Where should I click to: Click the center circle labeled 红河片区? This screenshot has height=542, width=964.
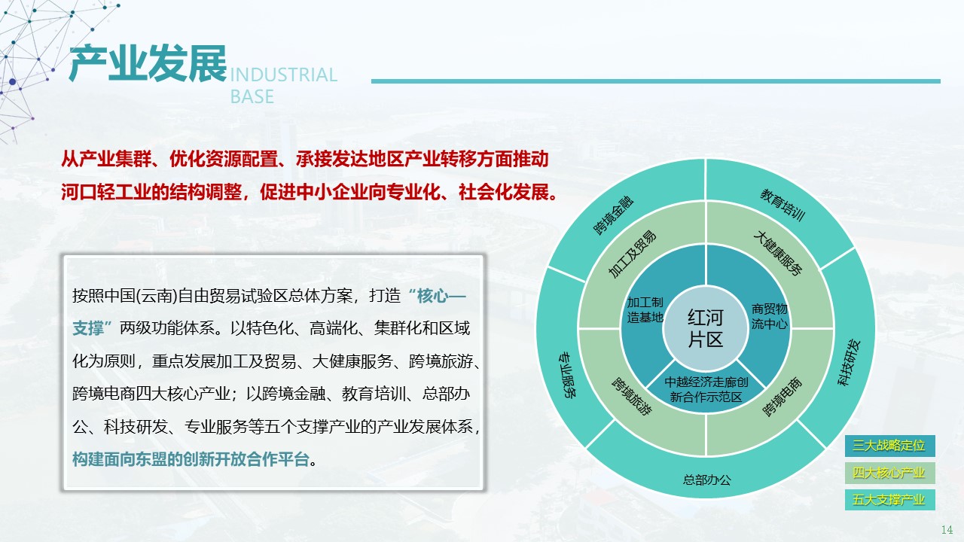coord(706,328)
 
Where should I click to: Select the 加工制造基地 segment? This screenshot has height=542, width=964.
coord(645,309)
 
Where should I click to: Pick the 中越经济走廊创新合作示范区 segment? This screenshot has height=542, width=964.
coord(706,390)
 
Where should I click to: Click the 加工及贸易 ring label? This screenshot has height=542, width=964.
coord(632,254)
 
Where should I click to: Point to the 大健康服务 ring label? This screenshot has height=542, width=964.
coord(778,253)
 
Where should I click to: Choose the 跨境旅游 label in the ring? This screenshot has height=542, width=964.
coord(632,396)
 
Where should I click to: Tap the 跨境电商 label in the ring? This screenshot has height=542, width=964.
coord(782,397)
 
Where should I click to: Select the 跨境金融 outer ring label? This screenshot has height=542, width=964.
coord(614,215)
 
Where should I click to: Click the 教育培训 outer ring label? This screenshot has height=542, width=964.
coord(782,205)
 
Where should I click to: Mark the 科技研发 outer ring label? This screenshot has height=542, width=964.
coord(849,363)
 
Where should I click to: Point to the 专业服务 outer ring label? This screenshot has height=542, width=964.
coord(568,375)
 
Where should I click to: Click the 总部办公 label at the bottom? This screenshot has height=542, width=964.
coord(706,480)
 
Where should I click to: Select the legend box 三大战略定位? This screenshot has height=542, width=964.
coord(889,446)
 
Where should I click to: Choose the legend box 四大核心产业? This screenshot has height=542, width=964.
coord(889,473)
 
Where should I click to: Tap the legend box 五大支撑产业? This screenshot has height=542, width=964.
coord(889,500)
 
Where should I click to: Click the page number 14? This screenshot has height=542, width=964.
coord(947,529)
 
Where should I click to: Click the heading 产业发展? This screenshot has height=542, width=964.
coord(148,64)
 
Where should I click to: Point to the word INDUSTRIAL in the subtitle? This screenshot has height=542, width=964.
coord(284,75)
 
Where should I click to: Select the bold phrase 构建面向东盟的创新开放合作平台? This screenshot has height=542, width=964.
coord(191,459)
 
